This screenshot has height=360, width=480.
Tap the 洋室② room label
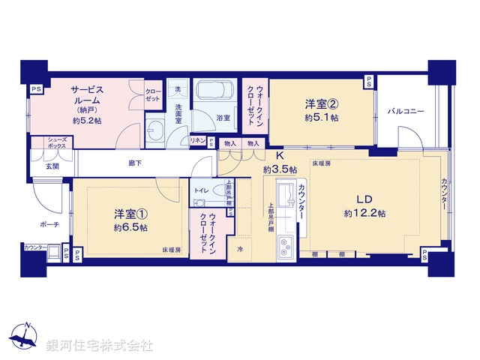point(321,105)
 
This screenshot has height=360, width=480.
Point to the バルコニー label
point(406,112)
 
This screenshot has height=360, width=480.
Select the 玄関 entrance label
point(52,166)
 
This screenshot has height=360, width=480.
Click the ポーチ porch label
point(49,223)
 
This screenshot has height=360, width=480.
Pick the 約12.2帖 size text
point(364,214)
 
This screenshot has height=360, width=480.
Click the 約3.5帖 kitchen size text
point(279,169)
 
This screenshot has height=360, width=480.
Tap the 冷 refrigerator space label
point(240,249)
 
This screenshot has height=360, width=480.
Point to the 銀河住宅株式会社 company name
point(100,346)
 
